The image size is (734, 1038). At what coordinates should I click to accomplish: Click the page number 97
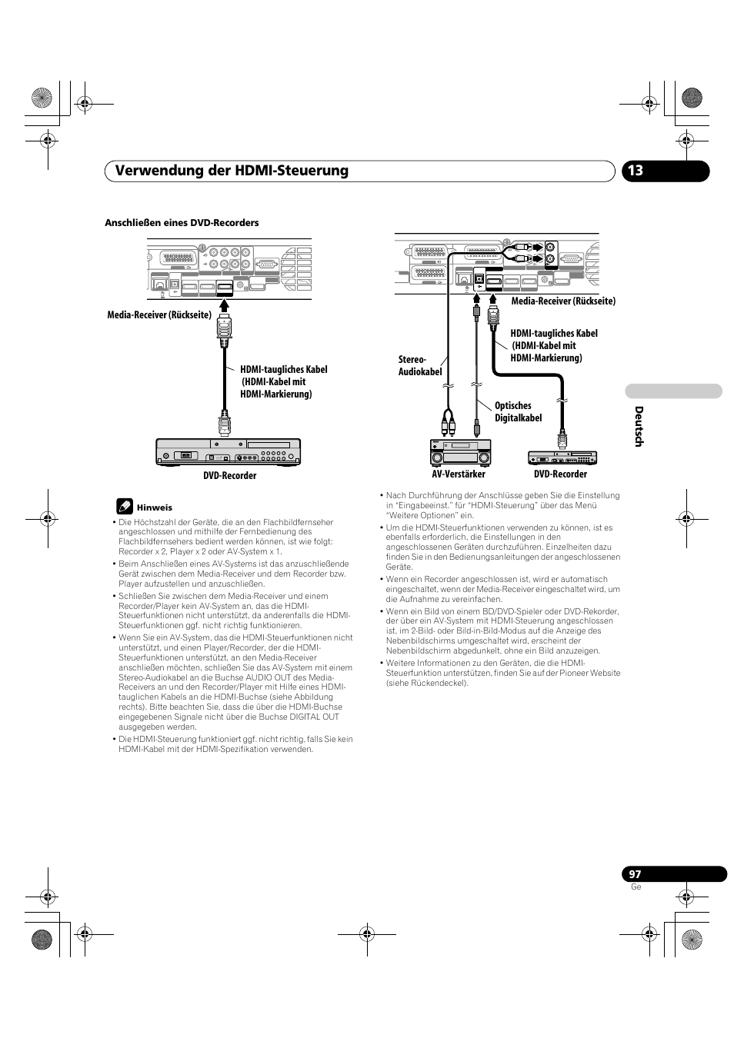point(634,873)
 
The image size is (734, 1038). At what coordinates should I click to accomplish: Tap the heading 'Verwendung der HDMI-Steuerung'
point(226,171)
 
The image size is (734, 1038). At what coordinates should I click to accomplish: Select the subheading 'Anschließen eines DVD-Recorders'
point(182,223)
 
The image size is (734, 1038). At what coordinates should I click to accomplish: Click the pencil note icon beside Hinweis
point(125,507)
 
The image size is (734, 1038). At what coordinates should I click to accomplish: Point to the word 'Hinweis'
point(155,507)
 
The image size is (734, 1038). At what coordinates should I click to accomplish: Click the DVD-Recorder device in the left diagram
point(228,451)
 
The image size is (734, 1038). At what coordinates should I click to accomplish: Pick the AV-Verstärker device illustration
point(460,452)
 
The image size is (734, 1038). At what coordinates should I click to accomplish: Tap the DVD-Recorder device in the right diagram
point(562,457)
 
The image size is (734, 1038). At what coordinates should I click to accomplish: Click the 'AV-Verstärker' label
point(459,474)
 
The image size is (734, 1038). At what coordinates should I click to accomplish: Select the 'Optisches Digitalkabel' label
point(518,412)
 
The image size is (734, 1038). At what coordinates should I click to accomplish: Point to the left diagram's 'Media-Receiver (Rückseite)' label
point(159,314)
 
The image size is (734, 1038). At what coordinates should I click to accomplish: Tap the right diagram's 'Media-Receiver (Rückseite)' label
point(563,301)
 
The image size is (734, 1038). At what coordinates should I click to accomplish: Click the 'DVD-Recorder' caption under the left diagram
point(229,476)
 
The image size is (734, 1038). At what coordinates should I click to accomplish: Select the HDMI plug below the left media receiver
point(224,324)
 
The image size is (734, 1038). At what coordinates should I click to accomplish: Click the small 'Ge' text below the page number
point(636,887)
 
